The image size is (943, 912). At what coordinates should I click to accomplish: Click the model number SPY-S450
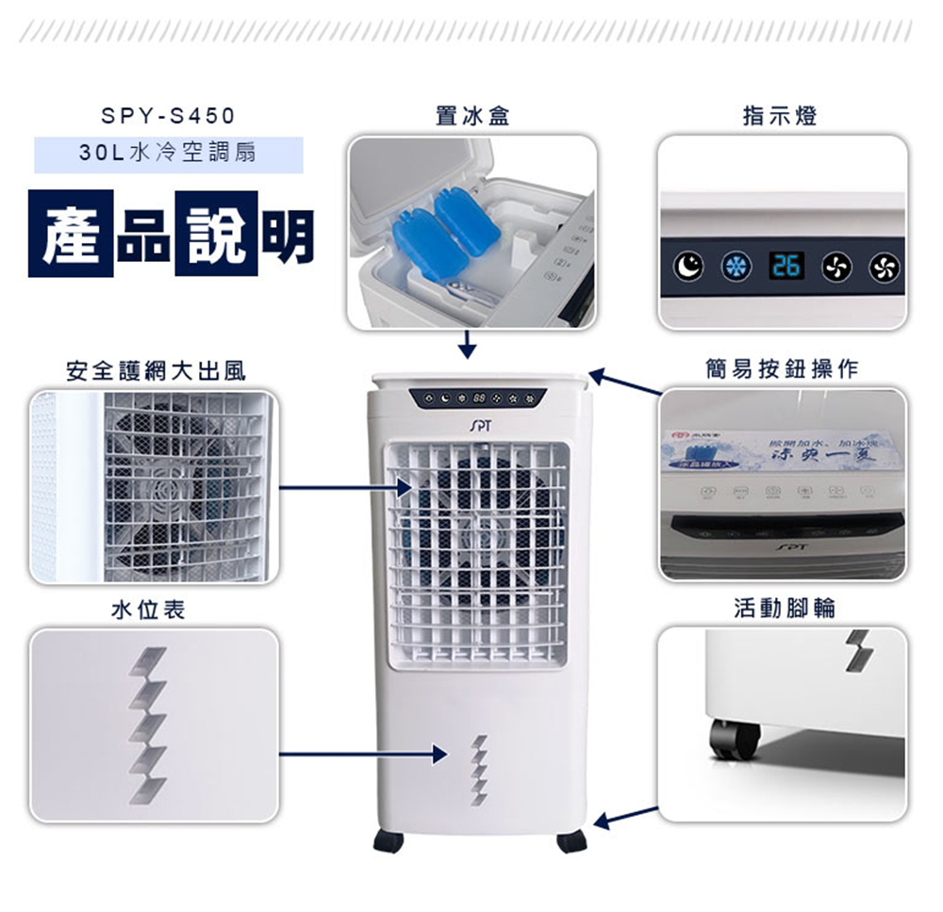coord(168,117)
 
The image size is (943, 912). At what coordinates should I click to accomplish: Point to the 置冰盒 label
coord(472,116)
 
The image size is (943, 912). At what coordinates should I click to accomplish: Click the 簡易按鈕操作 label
coord(783,369)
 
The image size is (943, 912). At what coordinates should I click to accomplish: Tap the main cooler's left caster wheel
coord(388,841)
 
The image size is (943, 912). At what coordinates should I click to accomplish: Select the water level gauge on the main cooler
coord(479,770)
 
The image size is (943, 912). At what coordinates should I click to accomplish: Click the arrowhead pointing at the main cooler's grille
coord(405,488)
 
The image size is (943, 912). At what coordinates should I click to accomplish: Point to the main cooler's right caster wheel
coord(571,841)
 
